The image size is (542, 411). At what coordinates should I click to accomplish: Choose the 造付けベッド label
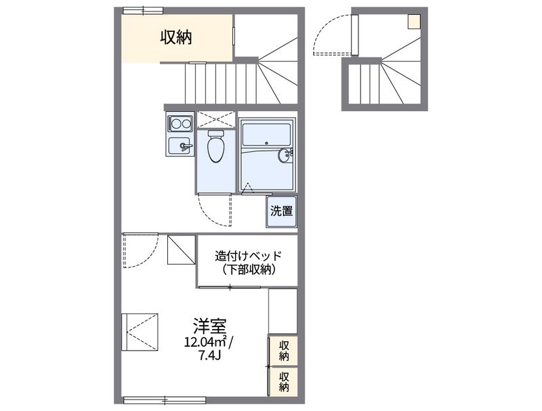(x=247, y=256)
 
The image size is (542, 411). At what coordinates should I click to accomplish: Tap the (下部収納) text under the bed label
(x=247, y=269)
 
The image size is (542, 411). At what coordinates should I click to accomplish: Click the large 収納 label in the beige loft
(x=175, y=37)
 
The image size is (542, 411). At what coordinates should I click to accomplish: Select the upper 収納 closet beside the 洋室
(x=284, y=351)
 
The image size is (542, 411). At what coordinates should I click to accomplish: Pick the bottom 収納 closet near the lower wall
(x=284, y=383)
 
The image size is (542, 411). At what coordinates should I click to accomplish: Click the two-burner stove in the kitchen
(x=180, y=123)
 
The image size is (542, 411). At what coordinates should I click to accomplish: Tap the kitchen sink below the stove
(x=180, y=145)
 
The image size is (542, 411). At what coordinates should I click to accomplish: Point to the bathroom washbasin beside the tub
(x=285, y=156)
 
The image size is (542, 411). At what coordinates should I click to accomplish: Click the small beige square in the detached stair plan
(x=413, y=22)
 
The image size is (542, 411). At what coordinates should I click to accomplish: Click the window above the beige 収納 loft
(x=143, y=9)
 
